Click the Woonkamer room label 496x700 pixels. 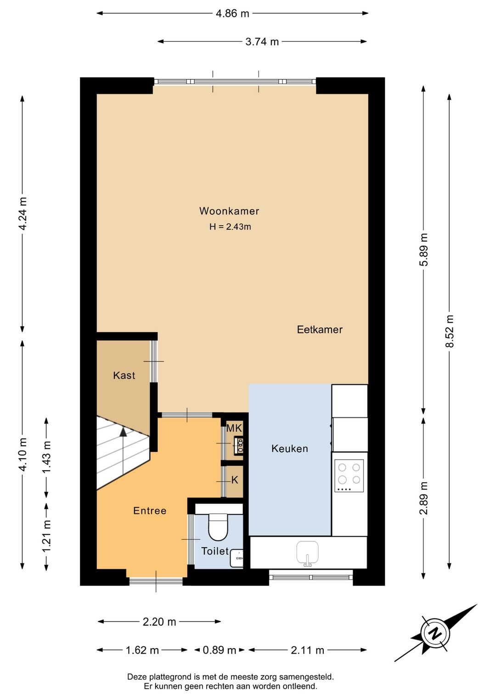click(229, 211)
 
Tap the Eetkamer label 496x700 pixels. click(320, 329)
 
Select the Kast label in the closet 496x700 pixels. click(124, 375)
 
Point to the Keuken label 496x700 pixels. click(289, 449)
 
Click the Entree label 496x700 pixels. click(150, 511)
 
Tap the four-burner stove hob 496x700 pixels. click(349, 475)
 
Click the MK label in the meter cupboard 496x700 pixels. click(234, 428)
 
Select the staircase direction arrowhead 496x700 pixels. click(123, 432)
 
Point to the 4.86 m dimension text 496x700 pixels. click(232, 13)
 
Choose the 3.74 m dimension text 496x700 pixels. click(262, 42)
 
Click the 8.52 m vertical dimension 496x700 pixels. click(450, 331)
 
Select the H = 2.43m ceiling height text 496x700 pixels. click(230, 227)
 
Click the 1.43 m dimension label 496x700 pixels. click(47, 457)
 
